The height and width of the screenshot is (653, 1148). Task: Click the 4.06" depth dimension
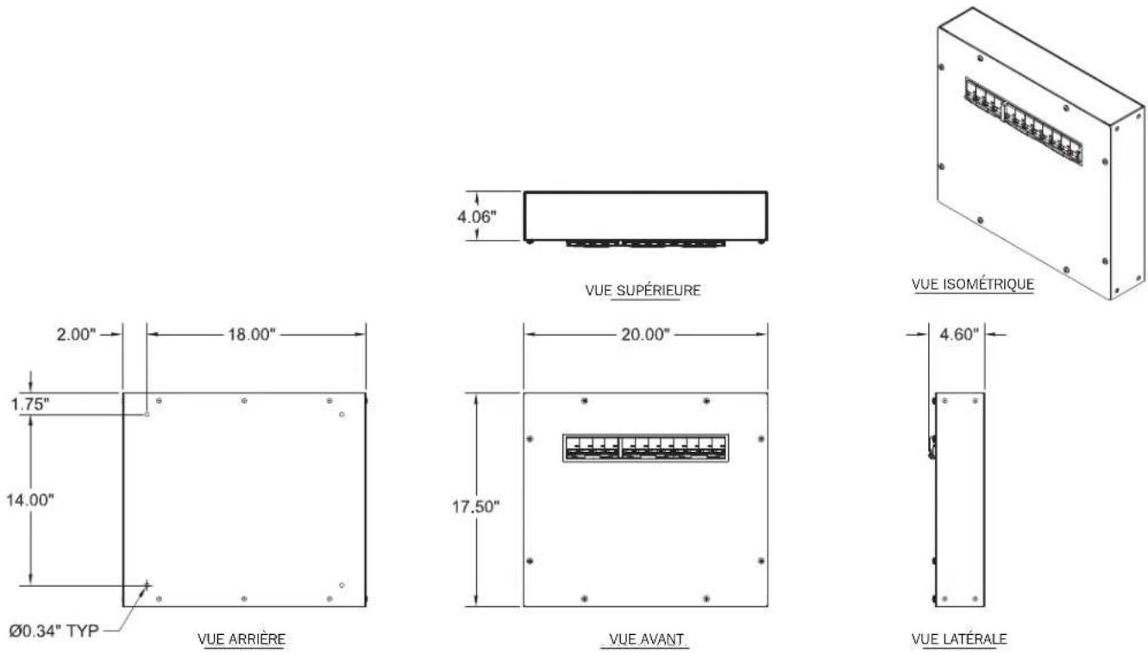pos(477,217)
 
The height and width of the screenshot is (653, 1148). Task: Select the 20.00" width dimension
pos(645,335)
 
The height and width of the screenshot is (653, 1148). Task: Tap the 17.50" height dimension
pos(475,507)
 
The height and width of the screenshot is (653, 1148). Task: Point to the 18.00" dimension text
pos(252,335)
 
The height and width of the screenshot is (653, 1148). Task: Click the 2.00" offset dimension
pos(76,335)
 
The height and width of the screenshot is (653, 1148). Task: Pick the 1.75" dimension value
pos(30,405)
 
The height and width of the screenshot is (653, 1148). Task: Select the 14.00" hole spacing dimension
pos(29,499)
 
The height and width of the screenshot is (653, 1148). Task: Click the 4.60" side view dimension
pos(959,335)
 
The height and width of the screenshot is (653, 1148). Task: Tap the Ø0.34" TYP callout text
pos(53,631)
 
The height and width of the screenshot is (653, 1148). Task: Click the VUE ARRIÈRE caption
pos(242,639)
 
